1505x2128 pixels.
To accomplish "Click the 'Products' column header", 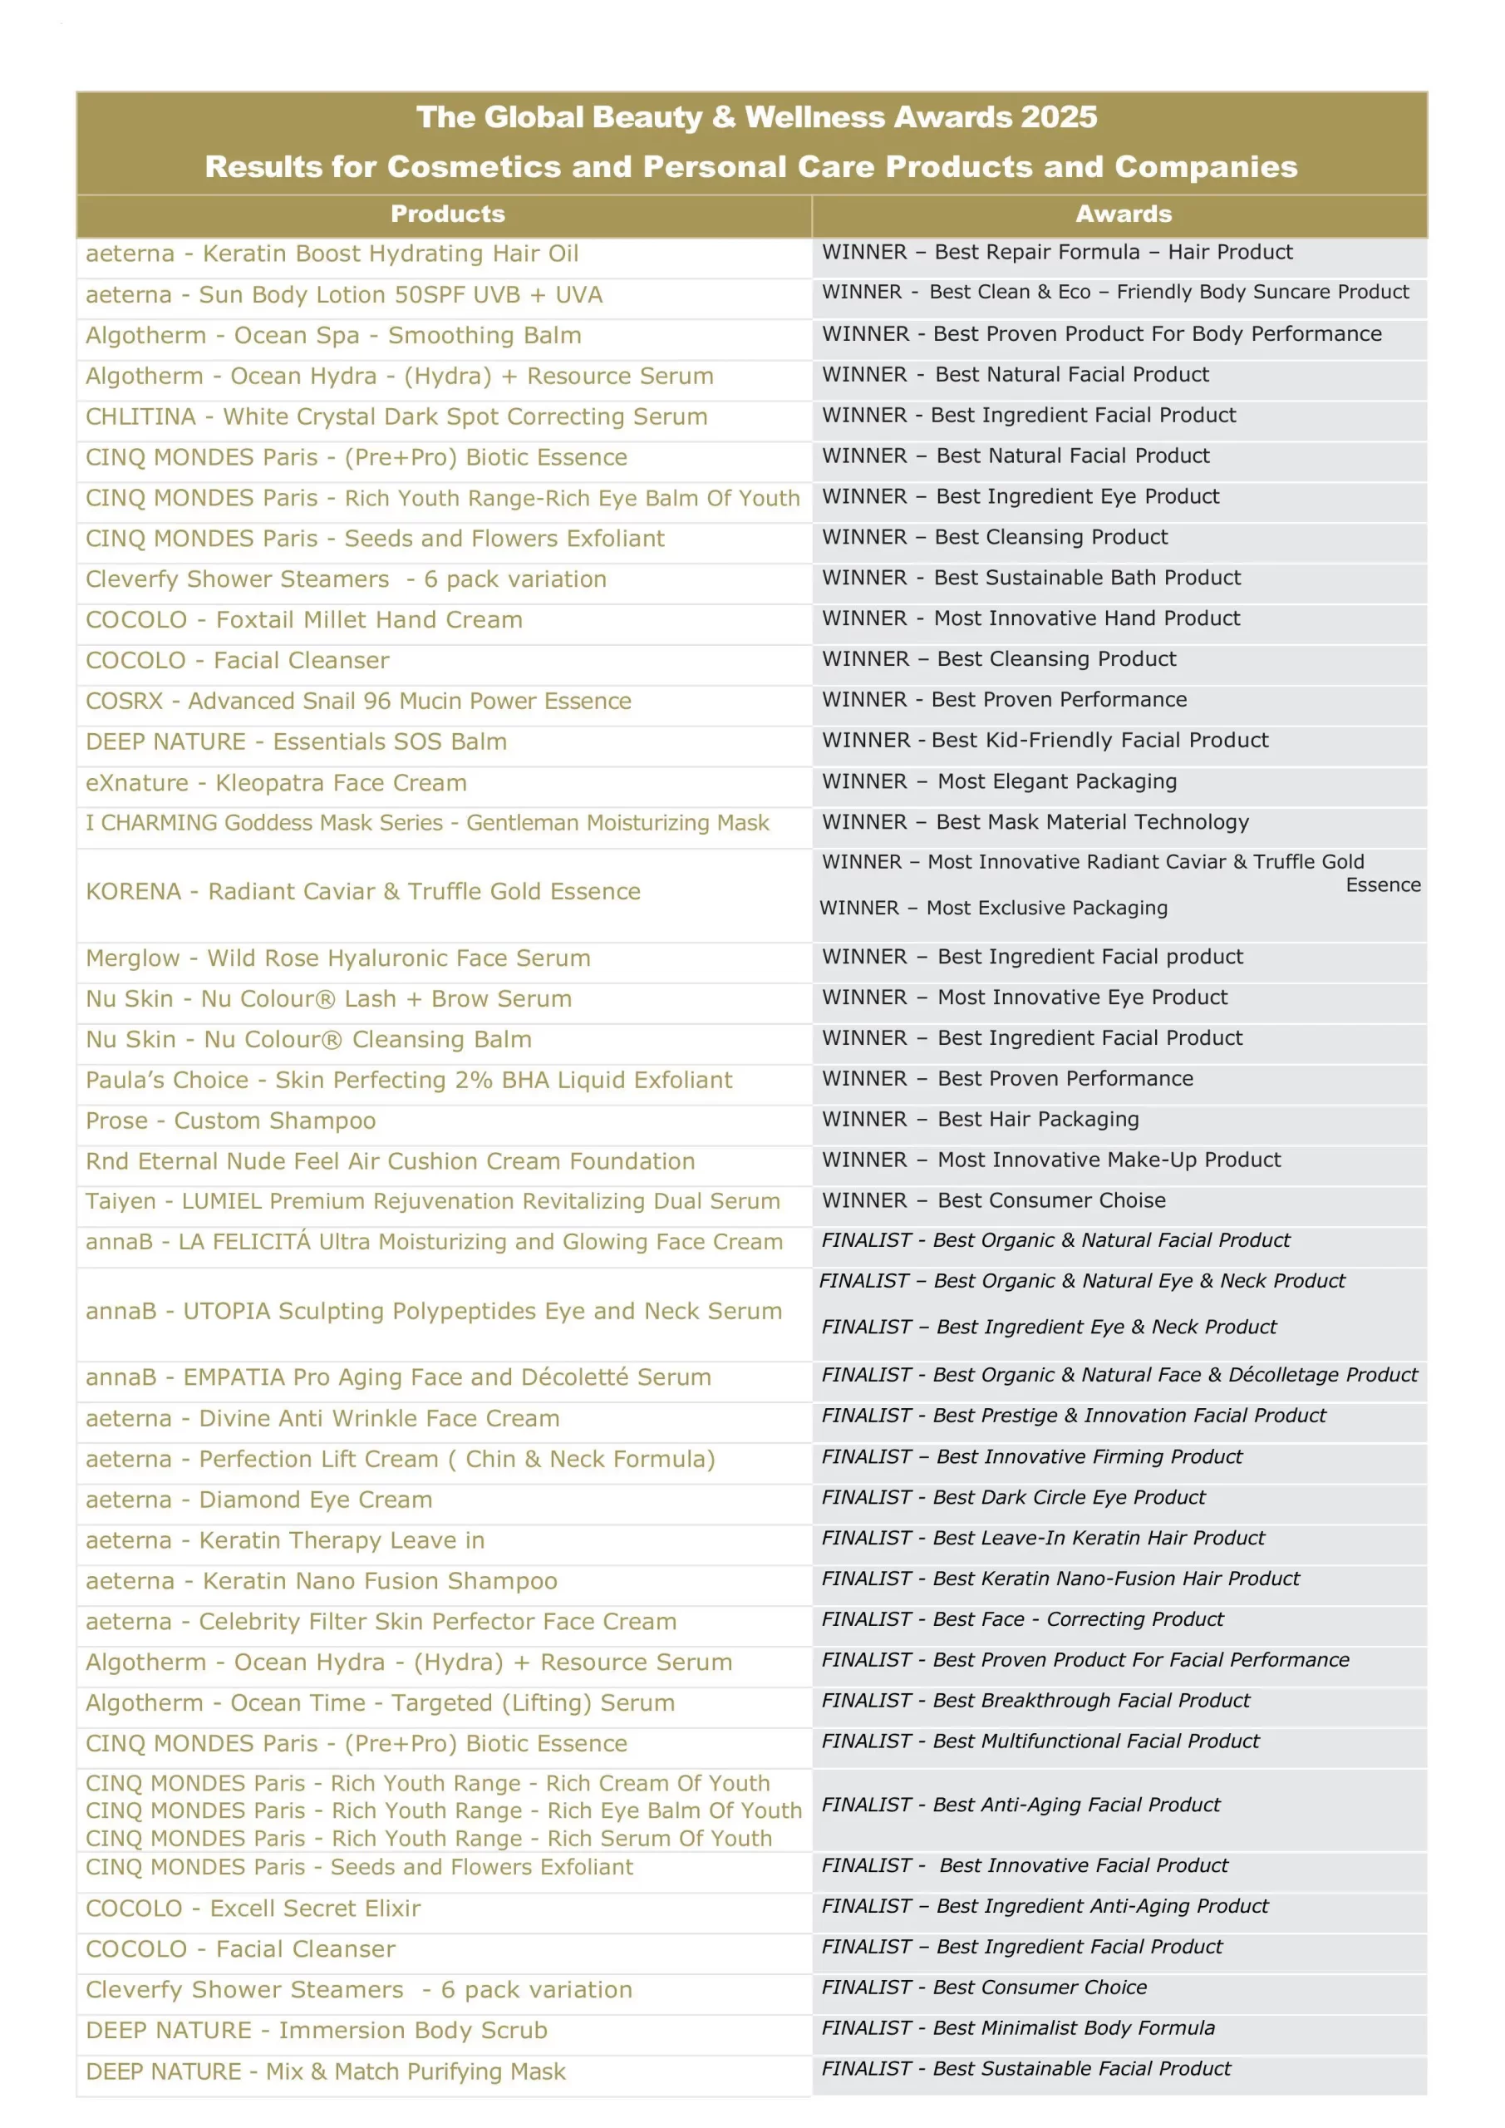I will [448, 214].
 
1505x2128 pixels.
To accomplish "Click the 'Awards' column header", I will [1124, 214].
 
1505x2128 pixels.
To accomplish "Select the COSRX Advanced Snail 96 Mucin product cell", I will [359, 701].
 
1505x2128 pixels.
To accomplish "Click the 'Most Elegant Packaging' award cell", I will [1056, 781].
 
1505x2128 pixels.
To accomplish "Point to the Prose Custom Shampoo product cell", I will [231, 1121].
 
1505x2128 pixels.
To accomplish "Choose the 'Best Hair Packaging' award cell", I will [1038, 1119].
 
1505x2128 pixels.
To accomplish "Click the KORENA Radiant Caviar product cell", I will [363, 892].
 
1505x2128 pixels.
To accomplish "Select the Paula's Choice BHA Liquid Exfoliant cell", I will [409, 1080].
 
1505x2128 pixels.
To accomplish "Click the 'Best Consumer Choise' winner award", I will [1051, 1200].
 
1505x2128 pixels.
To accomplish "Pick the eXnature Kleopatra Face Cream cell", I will [276, 783].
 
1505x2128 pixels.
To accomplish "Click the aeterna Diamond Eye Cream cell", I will [259, 1500].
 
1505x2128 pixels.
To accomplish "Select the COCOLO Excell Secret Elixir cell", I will [253, 1909].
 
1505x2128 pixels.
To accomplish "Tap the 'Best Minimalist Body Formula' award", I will [1073, 2028].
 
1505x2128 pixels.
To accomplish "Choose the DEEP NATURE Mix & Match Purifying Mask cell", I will [325, 2071].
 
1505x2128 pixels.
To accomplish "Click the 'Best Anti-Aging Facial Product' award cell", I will [1077, 1805].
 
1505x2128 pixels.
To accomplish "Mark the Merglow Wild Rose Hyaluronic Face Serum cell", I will [338, 958].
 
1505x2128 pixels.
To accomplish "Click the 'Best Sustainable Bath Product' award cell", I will [1087, 578].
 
